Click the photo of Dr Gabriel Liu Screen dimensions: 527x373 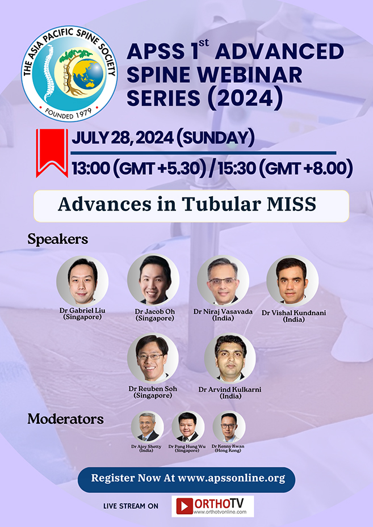click(82, 281)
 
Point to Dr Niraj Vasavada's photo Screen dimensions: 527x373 click(223, 281)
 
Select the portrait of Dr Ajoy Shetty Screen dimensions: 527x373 click(147, 427)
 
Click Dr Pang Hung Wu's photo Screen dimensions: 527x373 click(188, 427)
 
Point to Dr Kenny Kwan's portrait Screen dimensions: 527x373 click(229, 427)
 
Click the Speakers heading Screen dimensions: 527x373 click(58, 239)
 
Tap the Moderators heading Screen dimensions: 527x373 click(66, 420)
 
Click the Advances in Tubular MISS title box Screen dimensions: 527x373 click(191, 205)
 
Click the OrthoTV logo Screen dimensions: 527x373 click(213, 505)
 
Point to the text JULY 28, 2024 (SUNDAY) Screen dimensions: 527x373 click(162, 137)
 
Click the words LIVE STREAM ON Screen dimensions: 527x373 click(131, 505)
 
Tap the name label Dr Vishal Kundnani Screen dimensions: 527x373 click(293, 313)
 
